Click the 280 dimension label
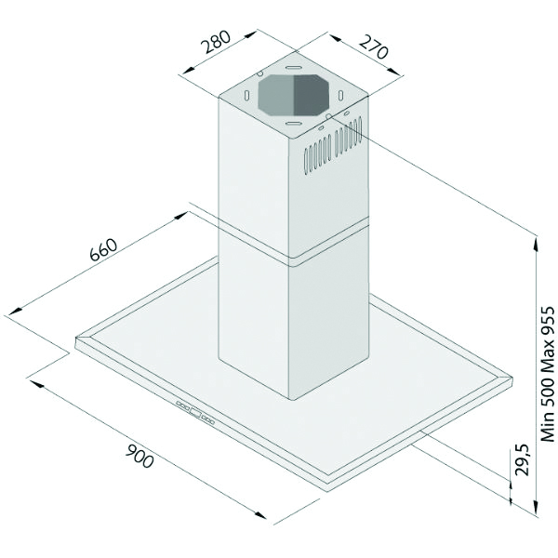216,42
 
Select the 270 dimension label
373,47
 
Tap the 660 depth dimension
103,249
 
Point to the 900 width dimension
139,458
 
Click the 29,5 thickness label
523,459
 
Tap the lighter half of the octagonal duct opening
276,95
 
